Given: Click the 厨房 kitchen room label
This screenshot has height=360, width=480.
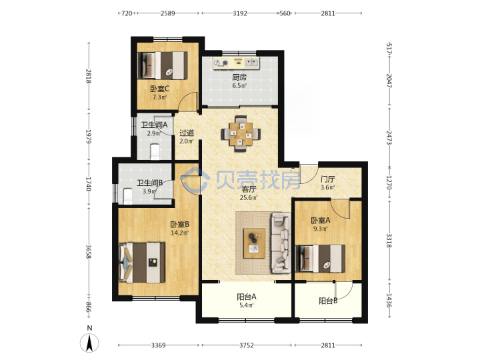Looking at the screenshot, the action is (239, 77).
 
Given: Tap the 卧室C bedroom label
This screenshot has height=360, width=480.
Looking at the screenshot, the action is (159, 89).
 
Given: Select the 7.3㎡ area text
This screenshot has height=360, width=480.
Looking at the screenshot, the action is (159, 97).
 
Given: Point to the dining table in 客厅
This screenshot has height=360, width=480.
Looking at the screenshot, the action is (241, 134).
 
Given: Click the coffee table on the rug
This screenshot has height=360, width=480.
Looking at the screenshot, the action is (254, 243).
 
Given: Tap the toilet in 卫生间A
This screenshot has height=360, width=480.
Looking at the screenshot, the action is (155, 151).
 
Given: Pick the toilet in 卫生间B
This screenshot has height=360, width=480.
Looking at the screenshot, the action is (127, 196).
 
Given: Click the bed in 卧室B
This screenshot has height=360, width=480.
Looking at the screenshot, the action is (142, 263).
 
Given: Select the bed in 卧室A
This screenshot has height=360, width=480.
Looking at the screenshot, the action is (320, 259).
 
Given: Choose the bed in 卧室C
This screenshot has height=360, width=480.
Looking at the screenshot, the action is (163, 65).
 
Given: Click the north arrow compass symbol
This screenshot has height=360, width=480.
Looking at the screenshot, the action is (89, 343).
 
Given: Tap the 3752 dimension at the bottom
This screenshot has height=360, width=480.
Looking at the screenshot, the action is (247, 345).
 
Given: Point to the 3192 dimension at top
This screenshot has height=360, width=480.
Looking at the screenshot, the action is (240, 13).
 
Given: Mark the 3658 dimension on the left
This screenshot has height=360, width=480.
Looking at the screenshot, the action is (89, 251).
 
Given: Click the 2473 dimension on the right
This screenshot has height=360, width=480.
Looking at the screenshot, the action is (389, 138).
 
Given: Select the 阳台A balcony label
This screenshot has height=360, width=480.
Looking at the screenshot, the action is (247, 297).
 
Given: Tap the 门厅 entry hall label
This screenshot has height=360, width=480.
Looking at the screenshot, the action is (327, 179).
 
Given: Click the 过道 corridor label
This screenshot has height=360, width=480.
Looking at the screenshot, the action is (187, 133).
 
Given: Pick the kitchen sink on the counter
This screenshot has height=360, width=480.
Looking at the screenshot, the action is (252, 63).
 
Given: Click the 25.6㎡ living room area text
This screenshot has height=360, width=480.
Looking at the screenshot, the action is (249, 197).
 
